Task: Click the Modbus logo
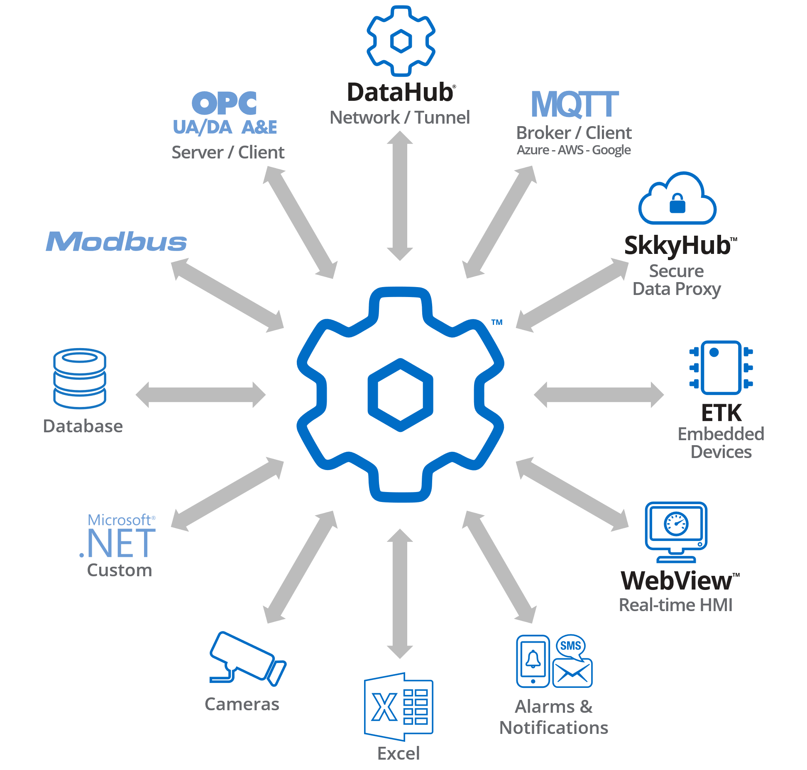click(116, 241)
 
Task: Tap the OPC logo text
click(224, 103)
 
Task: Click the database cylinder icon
click(80, 378)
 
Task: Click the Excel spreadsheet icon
click(399, 707)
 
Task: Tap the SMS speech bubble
click(571, 646)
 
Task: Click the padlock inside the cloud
click(677, 203)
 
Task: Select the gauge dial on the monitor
click(676, 524)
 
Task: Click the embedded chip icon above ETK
click(721, 368)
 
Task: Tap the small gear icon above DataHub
click(401, 41)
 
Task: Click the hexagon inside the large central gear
click(401, 395)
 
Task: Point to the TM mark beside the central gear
click(497, 322)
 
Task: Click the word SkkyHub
click(677, 245)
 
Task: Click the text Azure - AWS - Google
click(574, 150)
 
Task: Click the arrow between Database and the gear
click(201, 395)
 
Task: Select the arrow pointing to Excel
click(400, 594)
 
